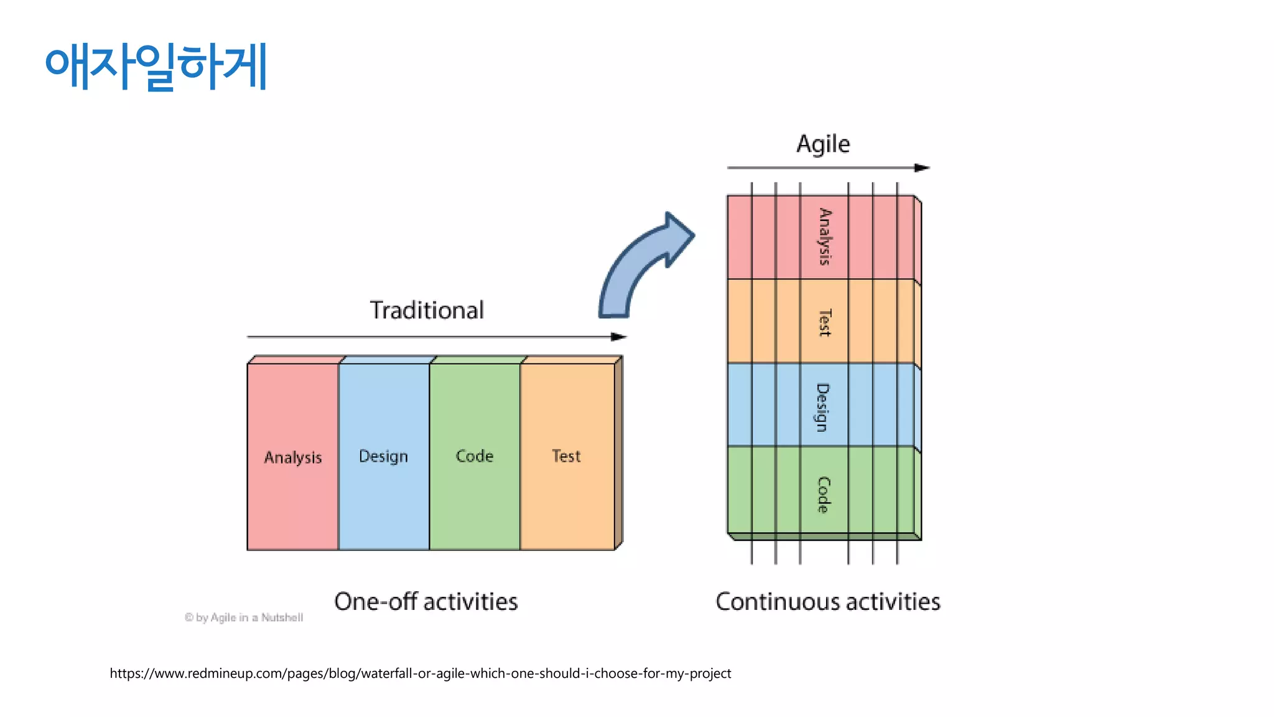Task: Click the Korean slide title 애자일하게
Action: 156,66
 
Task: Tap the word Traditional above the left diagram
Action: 427,310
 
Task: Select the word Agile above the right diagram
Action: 823,144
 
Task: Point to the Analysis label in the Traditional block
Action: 293,457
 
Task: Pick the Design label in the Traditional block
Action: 383,456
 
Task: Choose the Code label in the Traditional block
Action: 475,456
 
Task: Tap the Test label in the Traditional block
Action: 566,456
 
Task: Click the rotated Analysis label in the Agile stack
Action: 824,237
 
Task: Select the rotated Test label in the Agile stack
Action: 824,322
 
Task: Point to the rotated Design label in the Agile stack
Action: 823,407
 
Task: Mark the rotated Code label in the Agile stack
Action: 823,495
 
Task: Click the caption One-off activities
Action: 426,602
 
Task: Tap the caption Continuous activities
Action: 828,602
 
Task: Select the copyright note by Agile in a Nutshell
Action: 244,617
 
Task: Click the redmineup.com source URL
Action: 421,673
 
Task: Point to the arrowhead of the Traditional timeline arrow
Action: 619,337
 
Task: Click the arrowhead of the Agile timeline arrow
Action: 922,167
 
